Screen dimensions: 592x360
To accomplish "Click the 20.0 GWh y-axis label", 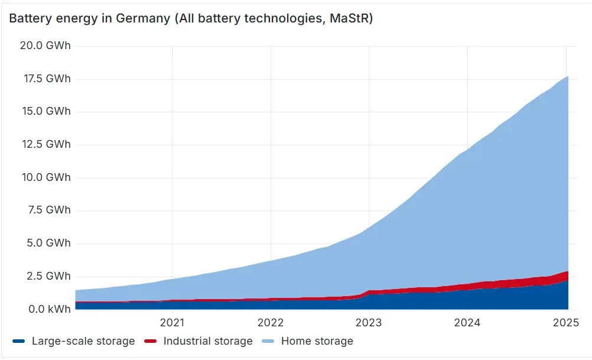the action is click(45, 46).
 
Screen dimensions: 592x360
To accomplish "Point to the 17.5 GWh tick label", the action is click(47, 79).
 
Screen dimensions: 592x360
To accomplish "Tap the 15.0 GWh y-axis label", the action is click(46, 111).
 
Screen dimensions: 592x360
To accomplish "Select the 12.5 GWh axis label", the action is click(46, 144).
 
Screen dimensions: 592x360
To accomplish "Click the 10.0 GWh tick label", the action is click(46, 177).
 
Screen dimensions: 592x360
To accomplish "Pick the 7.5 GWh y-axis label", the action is click(49, 210).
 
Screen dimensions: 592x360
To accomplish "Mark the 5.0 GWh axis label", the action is click(48, 243).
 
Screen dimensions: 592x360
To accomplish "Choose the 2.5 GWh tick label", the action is click(48, 276).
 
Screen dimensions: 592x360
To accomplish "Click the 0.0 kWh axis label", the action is click(50, 309).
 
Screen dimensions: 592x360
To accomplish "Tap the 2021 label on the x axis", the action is click(172, 323).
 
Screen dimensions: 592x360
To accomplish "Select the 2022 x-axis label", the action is click(271, 323).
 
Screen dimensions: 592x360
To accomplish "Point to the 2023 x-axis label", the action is click(369, 323).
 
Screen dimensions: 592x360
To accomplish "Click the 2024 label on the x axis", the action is click(467, 323).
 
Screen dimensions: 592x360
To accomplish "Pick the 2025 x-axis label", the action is click(566, 323).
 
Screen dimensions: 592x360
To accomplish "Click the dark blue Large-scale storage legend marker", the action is click(18, 341).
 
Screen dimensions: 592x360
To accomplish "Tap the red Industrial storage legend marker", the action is click(150, 341).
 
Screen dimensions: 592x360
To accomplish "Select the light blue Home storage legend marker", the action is click(268, 341).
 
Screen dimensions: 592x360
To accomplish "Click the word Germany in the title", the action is click(143, 18).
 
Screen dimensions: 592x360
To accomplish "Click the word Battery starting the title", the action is click(31, 18).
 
